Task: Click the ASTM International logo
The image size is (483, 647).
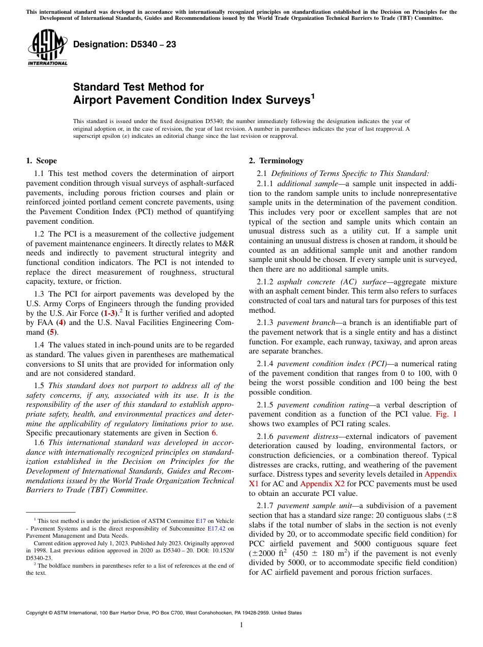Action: pyautogui.click(x=47, y=49)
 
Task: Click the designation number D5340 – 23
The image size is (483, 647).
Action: pyautogui.click(x=125, y=45)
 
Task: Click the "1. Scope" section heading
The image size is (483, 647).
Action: pyautogui.click(x=41, y=161)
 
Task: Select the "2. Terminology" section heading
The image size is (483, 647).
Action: pyautogui.click(x=276, y=161)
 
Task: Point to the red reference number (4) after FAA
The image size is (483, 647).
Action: pyautogui.click(x=61, y=322)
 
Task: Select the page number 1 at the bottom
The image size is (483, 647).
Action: pyautogui.click(x=242, y=625)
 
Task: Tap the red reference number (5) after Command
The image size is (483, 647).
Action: pyautogui.click(x=51, y=332)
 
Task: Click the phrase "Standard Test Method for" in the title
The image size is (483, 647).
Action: pyautogui.click(x=138, y=87)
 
